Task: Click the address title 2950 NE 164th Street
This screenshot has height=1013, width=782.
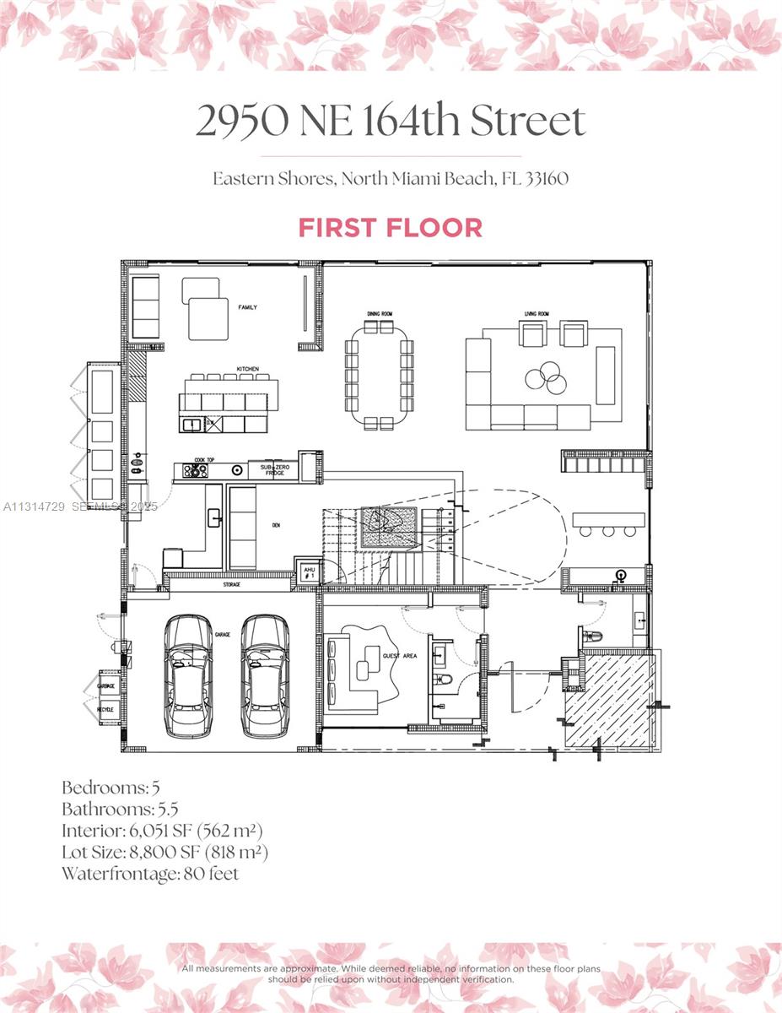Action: pos(390,122)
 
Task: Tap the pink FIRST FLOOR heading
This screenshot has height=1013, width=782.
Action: pos(390,228)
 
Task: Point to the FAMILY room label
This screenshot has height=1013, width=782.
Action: pos(247,307)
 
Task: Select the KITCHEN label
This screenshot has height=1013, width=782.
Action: pos(247,370)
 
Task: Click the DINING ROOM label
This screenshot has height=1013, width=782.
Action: pos(380,314)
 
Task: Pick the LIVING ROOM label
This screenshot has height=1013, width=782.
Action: pos(537,314)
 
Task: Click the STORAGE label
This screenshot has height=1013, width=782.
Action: pos(231,584)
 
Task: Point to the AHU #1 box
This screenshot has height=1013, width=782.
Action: pos(308,572)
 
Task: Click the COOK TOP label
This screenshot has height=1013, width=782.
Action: pos(200,460)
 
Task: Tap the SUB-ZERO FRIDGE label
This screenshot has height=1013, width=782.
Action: pos(274,469)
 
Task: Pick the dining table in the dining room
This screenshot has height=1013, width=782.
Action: pos(380,376)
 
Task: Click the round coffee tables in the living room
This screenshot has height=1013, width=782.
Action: pos(545,378)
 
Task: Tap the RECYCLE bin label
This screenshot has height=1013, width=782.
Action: pos(106,709)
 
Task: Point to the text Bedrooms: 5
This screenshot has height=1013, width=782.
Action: pos(111,788)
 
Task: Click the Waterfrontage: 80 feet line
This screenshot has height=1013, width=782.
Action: pos(150,874)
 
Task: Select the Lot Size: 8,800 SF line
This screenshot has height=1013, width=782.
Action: pos(164,852)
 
